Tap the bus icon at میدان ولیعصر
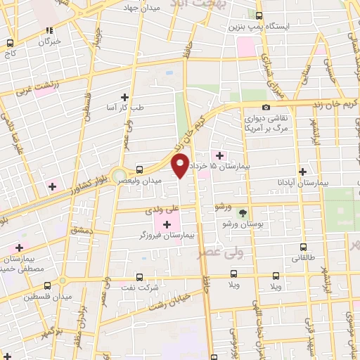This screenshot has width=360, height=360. pos(139,169)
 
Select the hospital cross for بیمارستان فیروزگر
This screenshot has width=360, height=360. pos(166,224)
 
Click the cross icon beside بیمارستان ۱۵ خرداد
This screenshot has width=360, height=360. pos(219,155)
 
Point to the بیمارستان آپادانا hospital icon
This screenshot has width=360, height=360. pos(303,172)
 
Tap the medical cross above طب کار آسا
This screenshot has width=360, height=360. pos(125,97)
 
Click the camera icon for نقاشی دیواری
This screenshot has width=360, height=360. pos(266,107)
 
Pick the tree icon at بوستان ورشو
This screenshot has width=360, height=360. pos(243,212)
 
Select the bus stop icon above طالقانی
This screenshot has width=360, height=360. pos(303,247)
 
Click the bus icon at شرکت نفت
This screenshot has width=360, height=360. pos(139,276)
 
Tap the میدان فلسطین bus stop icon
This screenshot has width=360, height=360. pos(47,285)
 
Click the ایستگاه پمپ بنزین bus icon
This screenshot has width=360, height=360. pos(259,15)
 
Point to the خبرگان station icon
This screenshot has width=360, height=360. pos(49,30)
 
